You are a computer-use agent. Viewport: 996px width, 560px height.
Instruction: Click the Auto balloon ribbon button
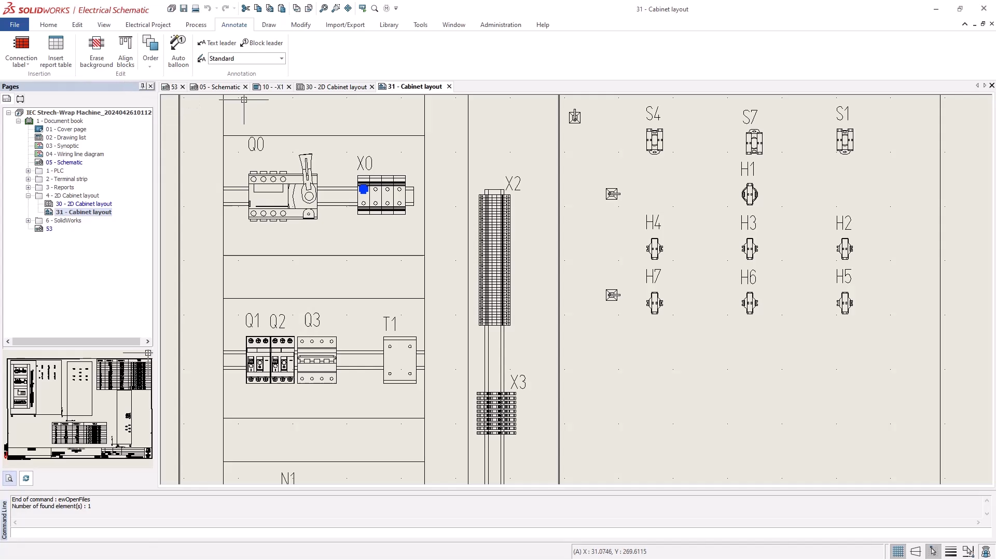(x=178, y=51)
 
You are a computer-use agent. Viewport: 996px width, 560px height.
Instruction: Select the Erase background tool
(x=96, y=51)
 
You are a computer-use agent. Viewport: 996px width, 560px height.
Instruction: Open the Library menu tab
(x=389, y=25)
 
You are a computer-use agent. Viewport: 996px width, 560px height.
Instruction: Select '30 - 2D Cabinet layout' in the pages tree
(x=84, y=204)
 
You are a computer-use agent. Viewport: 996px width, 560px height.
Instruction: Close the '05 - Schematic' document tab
(x=245, y=87)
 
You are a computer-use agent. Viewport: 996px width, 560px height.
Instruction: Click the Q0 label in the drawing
(x=256, y=144)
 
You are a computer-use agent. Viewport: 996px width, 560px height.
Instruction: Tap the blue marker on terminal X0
(x=364, y=189)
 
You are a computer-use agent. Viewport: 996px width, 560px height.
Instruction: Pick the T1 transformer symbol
(x=399, y=360)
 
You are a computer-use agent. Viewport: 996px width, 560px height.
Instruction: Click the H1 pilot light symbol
(x=750, y=194)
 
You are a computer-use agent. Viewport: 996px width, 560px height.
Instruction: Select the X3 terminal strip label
(x=518, y=382)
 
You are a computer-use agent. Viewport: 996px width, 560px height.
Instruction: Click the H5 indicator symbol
(x=845, y=303)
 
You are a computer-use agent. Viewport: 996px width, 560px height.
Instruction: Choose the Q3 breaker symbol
(x=316, y=360)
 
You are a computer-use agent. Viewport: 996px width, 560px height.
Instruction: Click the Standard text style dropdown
(x=246, y=59)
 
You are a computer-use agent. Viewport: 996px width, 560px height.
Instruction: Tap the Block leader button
(x=262, y=43)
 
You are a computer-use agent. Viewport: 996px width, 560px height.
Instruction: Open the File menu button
(x=15, y=25)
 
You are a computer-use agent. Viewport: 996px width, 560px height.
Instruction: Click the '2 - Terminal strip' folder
(x=66, y=179)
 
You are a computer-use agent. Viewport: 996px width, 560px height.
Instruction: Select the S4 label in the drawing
(x=653, y=114)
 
